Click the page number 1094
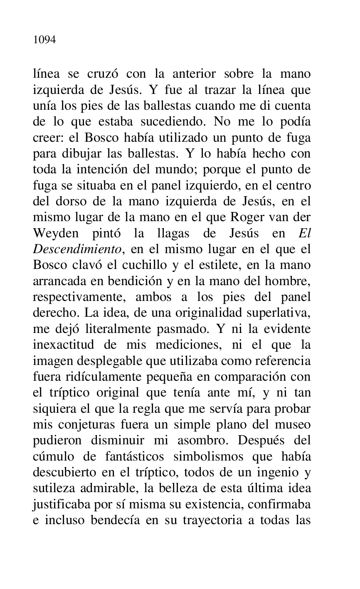pos(44,40)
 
